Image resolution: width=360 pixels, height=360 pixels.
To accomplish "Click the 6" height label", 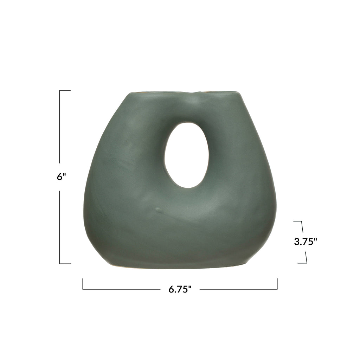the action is pos(61,177).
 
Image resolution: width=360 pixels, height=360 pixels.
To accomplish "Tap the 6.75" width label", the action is pos(180,289).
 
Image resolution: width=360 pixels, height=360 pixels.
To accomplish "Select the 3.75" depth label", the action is pos(306,242).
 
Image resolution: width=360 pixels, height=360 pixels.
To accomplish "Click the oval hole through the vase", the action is pos(187,155).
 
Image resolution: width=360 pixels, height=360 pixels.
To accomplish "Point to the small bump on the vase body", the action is pos(159,210).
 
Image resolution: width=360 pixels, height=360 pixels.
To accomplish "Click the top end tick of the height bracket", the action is pos(65,90).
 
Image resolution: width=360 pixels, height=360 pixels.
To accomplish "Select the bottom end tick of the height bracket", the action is pos(65,264).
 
